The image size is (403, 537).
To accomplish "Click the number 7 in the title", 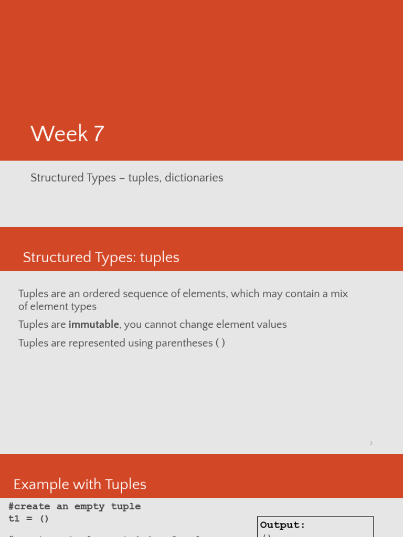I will point(99,134).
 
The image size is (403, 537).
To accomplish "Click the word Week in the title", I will point(59,134).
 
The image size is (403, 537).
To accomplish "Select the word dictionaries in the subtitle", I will point(194,178).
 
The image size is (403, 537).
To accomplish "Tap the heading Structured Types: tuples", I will point(101,257).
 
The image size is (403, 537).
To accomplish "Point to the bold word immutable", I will point(94,325).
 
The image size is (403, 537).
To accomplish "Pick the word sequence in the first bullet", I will point(141,294).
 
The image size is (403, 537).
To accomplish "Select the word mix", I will point(339,294).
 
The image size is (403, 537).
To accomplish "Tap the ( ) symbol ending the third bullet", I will point(220,343).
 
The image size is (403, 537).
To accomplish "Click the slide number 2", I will point(371,444).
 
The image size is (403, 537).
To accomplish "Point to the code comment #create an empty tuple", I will point(75,507).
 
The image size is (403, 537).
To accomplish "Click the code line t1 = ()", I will point(28,519).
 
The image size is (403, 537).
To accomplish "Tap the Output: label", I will point(282,525).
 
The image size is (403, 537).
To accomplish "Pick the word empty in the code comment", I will point(89,507).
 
